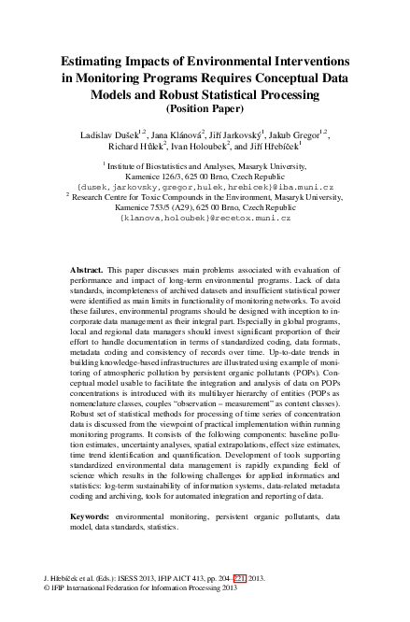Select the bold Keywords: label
92,515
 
